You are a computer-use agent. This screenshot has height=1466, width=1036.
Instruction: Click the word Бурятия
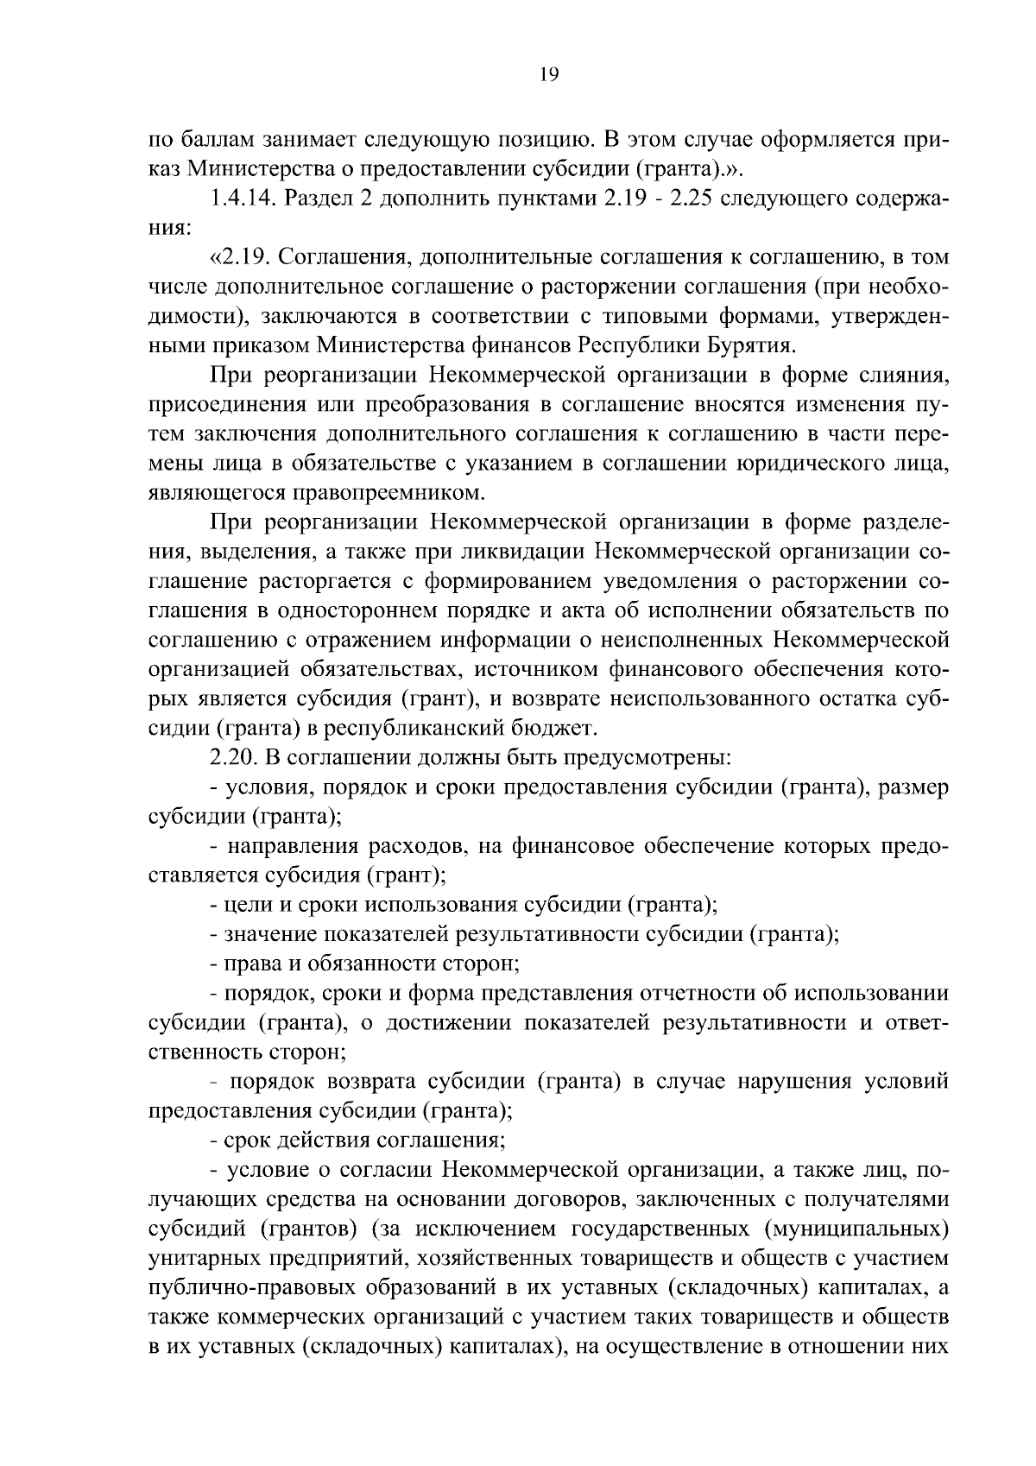(749, 345)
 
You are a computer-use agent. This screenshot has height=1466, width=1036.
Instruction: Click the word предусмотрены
(647, 758)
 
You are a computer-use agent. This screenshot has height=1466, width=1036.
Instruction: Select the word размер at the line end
(914, 787)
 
